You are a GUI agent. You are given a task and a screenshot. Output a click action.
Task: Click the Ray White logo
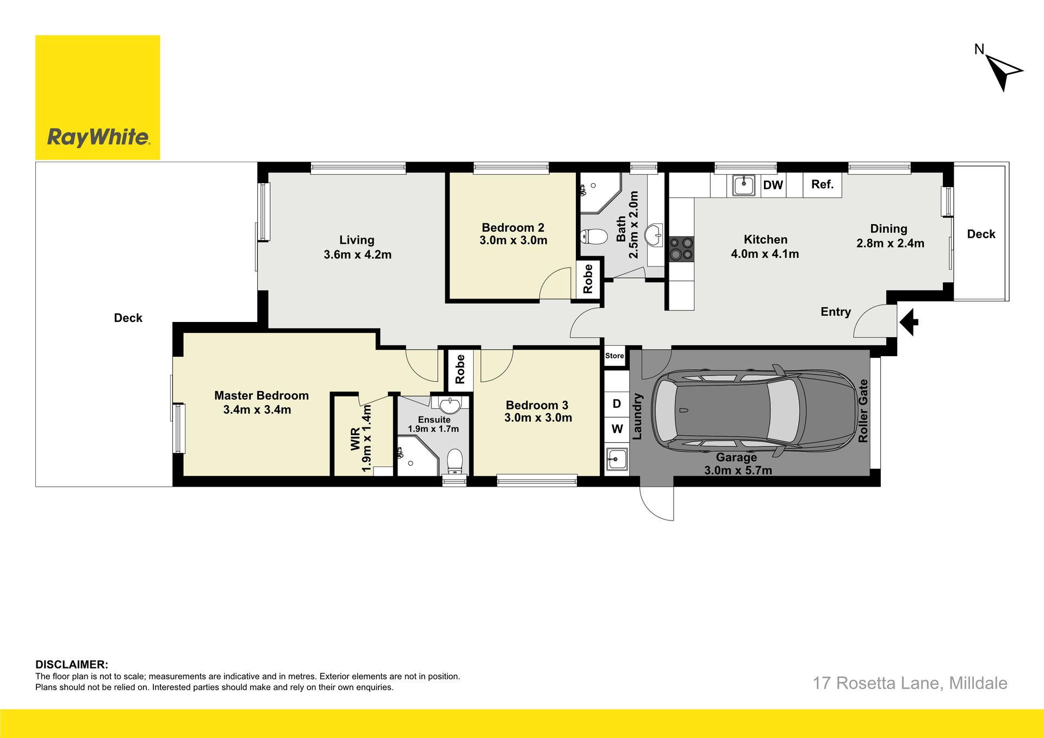98,98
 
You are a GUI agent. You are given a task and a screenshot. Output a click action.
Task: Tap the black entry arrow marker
909,322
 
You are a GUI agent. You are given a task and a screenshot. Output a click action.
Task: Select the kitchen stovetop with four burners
681,249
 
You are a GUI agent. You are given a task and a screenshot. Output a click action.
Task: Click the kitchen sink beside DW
744,185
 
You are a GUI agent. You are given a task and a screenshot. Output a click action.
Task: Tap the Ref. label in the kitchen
822,184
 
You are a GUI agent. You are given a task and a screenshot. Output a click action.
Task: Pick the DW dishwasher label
773,185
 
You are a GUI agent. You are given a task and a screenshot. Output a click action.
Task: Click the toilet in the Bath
594,237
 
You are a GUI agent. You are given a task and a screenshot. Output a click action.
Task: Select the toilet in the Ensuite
455,462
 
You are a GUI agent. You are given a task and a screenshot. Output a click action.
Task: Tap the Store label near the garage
614,356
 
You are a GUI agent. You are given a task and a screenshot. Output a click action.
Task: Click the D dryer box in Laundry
617,404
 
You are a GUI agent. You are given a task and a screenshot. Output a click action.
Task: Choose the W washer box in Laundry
617,429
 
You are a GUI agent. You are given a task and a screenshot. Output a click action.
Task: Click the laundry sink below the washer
617,460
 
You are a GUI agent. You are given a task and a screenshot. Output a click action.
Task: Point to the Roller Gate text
863,411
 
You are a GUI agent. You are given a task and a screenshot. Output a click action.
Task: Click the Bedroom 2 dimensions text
513,240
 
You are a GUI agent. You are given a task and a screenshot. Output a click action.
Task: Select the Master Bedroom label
262,395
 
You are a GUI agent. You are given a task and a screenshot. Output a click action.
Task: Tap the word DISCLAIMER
72,665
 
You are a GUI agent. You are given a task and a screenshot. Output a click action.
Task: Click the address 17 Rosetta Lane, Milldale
910,683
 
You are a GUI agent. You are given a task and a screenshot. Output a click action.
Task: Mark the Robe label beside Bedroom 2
588,279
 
